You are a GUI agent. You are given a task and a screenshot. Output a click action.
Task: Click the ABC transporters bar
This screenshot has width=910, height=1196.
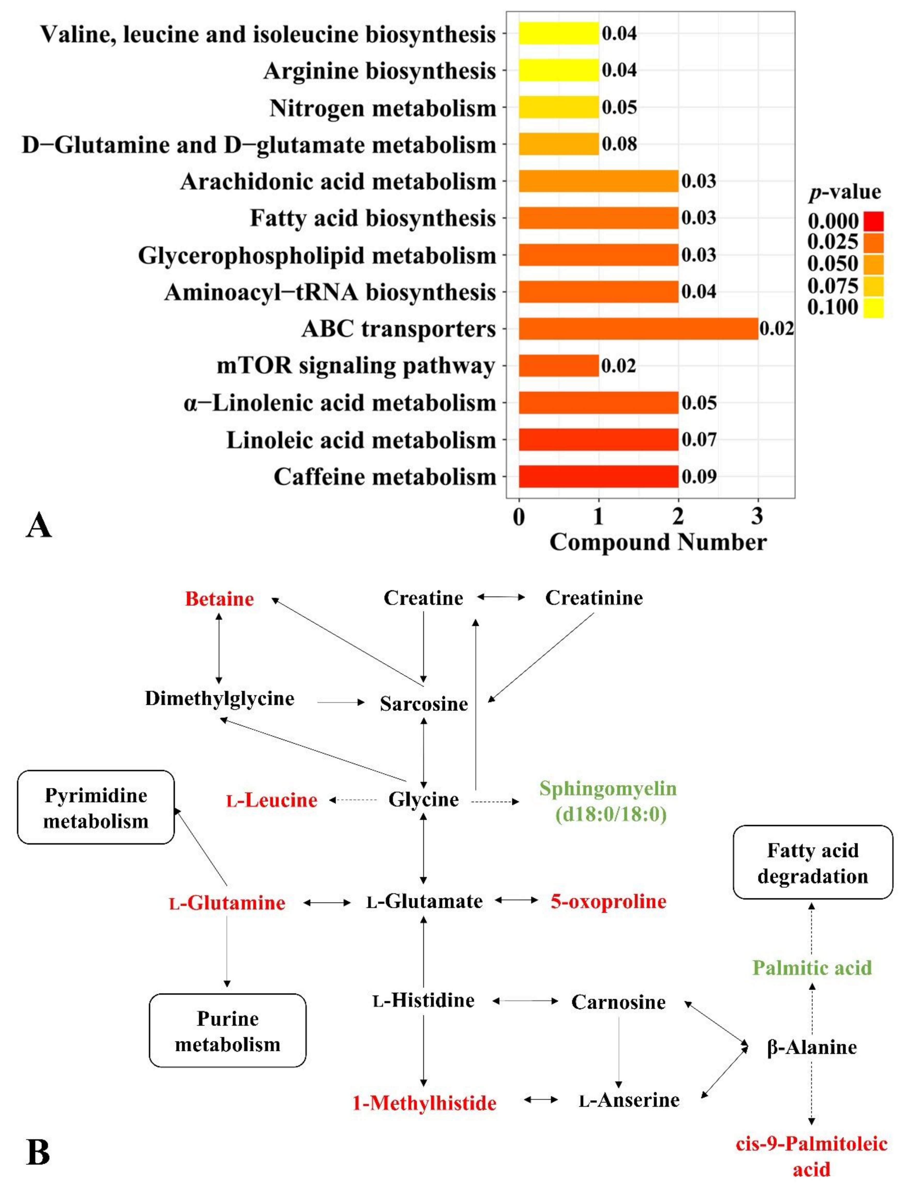click(x=638, y=329)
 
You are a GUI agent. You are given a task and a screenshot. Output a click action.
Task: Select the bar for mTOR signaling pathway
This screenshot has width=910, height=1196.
click(x=558, y=366)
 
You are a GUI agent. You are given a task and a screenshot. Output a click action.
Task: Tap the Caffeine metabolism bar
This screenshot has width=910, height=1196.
click(x=598, y=477)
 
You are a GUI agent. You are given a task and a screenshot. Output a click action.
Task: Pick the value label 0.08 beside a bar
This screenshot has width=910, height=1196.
click(x=619, y=144)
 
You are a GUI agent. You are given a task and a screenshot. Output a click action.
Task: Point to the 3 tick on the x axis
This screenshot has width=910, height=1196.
click(x=757, y=516)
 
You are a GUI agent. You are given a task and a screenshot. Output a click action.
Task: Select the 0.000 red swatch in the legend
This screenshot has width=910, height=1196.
click(x=873, y=221)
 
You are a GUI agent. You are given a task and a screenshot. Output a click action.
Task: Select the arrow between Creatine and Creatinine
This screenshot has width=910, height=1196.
click(x=501, y=597)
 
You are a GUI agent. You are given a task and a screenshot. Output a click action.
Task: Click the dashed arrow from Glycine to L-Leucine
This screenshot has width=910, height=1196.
click(x=353, y=799)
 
